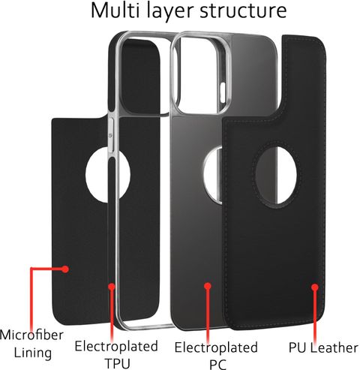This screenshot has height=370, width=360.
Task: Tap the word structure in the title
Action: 243,11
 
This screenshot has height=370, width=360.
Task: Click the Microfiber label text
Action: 31,335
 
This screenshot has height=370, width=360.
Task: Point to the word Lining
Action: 33,353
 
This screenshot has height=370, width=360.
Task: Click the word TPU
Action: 118,363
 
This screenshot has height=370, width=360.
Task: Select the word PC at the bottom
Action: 217,364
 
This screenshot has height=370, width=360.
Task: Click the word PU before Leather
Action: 298,347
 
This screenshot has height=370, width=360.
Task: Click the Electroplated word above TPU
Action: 116,346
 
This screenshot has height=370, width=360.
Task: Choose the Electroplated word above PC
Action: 216,347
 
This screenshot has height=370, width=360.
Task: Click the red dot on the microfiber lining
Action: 65,269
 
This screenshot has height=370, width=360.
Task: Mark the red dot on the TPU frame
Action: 112,287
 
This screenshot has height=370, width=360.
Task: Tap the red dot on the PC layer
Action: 208,286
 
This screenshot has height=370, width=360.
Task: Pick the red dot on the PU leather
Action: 315,287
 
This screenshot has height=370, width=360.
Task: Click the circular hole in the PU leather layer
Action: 277,175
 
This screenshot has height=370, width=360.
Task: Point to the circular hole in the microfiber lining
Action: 108,175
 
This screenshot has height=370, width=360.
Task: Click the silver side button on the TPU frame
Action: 111,135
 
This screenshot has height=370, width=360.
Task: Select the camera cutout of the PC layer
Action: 200,73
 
